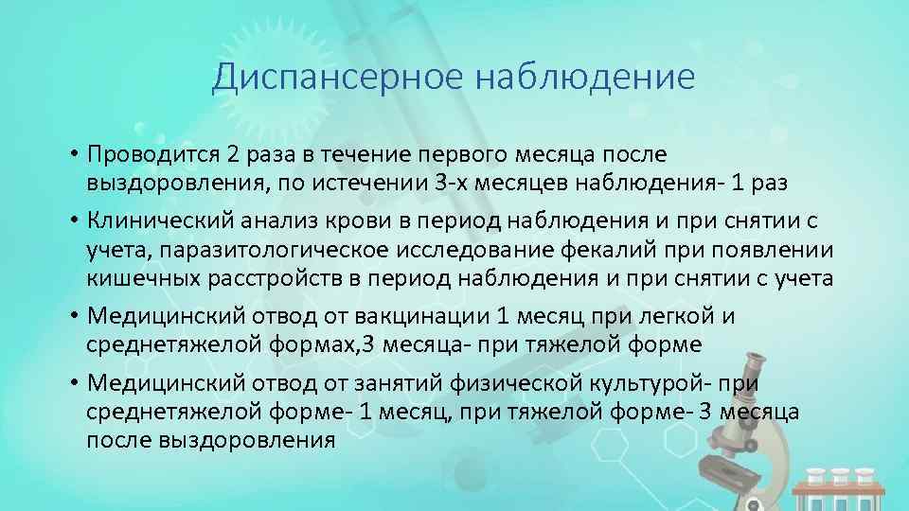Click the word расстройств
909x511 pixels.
point(276,278)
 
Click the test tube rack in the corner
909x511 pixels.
point(838,487)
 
